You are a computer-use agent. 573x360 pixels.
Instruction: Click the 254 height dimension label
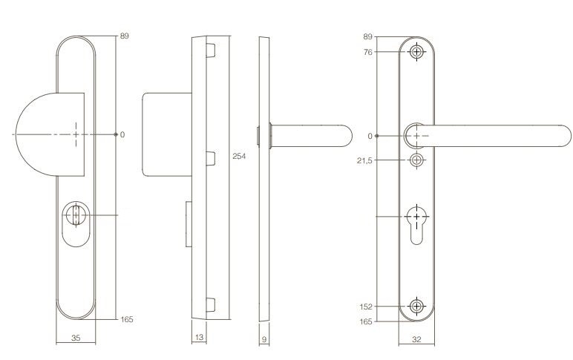(x=238, y=157)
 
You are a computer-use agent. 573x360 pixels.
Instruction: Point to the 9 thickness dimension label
(x=263, y=338)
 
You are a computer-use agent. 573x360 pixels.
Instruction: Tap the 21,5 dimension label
(x=365, y=160)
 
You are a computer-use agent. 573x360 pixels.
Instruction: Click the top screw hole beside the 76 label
(x=416, y=52)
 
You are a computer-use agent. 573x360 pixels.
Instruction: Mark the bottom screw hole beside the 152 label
(x=416, y=306)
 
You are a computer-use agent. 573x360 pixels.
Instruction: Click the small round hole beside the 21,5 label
(x=416, y=160)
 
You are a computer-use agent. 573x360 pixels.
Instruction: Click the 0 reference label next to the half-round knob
(x=122, y=135)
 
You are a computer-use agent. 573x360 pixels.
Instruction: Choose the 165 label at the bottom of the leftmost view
(x=126, y=319)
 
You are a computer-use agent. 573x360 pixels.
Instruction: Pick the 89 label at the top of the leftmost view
(x=125, y=36)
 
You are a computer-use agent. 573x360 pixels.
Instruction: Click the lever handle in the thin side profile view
(x=312, y=136)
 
